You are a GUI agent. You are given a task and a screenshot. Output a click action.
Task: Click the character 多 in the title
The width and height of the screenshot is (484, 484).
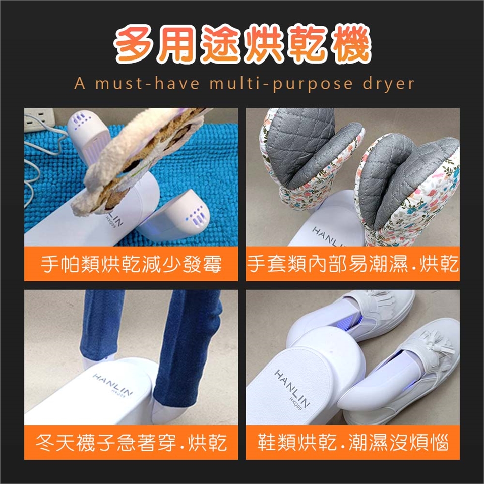click(136, 43)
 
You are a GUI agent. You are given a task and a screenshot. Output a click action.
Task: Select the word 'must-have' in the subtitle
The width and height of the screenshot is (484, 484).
click(147, 83)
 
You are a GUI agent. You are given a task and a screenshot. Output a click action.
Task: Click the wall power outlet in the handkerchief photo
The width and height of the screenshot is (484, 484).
click(38, 119)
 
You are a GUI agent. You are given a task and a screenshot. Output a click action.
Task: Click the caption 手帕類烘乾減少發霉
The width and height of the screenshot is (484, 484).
click(131, 264)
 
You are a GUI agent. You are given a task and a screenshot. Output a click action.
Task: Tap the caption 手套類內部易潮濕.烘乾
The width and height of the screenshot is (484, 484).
click(352, 264)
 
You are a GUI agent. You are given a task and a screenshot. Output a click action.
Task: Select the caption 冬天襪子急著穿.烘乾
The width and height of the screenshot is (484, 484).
click(131, 442)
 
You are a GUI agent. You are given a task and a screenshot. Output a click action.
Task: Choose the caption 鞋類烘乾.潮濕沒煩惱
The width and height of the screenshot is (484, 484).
click(352, 442)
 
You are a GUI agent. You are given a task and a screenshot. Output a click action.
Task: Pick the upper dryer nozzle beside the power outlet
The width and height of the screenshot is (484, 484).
click(87, 133)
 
